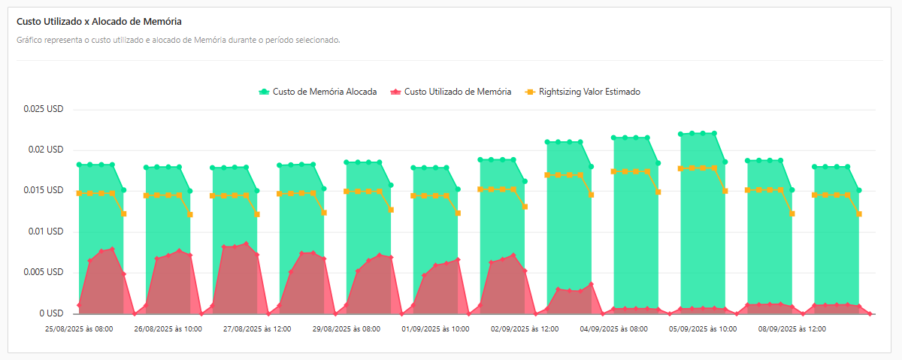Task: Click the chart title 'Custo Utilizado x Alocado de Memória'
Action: (98, 22)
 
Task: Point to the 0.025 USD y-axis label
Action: (44, 109)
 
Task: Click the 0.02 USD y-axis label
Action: (46, 150)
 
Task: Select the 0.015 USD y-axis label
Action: (44, 190)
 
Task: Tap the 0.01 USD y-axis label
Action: (46, 231)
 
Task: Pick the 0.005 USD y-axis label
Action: (44, 272)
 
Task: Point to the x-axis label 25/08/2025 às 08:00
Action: (79, 329)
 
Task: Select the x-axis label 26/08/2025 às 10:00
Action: (168, 329)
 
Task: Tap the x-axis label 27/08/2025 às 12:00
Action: (257, 329)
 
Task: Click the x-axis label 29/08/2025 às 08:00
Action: (346, 329)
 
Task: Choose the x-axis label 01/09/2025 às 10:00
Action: (435, 329)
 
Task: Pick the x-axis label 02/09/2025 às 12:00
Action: (525, 329)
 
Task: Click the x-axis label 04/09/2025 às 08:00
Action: (613, 329)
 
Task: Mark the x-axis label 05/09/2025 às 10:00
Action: (703, 329)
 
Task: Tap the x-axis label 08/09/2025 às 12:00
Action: (792, 329)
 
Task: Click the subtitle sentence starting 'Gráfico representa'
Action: (178, 40)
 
